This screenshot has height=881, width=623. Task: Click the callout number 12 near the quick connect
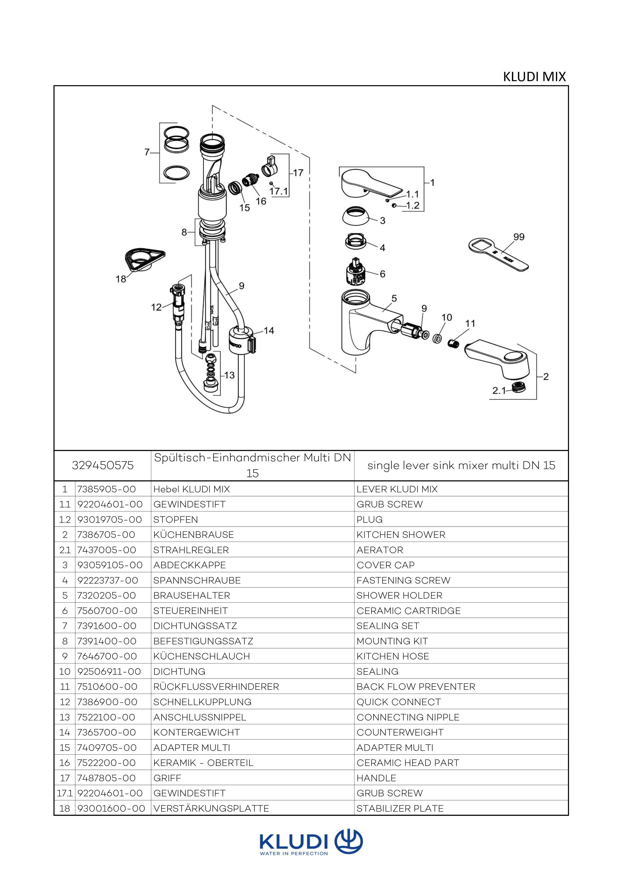(x=156, y=307)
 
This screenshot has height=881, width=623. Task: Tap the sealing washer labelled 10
(x=437, y=339)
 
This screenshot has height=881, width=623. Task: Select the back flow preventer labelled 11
(x=454, y=343)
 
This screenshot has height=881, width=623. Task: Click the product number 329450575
(x=103, y=465)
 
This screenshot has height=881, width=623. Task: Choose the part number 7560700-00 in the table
(x=107, y=610)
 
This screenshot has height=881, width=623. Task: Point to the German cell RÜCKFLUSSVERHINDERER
(x=216, y=687)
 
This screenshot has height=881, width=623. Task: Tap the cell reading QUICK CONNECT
(x=399, y=702)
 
